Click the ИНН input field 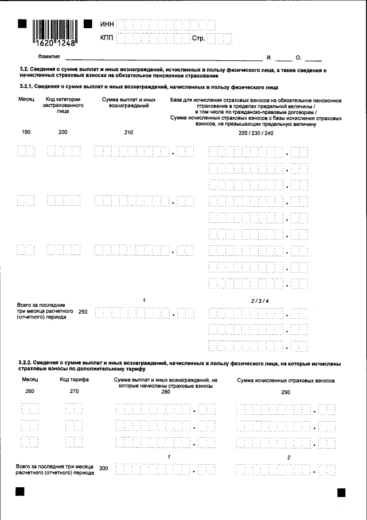click(x=166, y=24)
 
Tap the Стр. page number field click(x=220, y=38)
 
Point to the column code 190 click(x=26, y=133)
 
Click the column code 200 click(x=63, y=133)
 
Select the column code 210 click(x=128, y=133)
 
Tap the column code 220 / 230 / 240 click(x=256, y=133)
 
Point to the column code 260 click(x=30, y=391)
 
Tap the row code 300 click(x=103, y=468)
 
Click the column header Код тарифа click(x=73, y=380)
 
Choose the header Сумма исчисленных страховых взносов click(x=286, y=380)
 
